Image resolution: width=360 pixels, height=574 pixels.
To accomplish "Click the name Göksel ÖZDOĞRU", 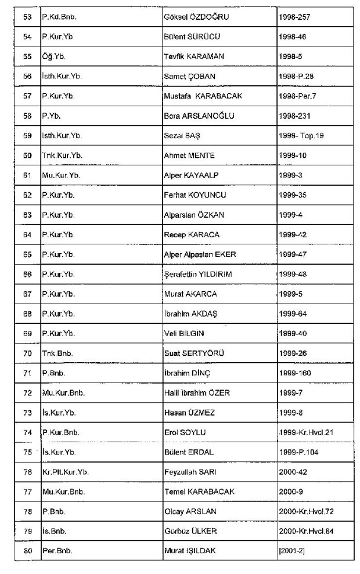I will click(196, 17).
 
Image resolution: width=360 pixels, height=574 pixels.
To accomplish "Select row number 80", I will click(27, 549).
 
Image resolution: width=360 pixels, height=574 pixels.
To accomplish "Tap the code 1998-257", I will click(296, 17).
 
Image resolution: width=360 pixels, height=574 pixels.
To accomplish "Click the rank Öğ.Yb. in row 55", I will click(52, 56).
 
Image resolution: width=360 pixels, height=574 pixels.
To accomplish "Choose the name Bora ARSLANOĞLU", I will click(199, 115).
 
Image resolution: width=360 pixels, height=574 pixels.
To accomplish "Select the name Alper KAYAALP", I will click(194, 175).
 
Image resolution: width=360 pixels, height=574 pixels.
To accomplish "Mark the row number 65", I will click(27, 254).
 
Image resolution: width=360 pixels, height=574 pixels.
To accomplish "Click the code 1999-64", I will click(293, 313).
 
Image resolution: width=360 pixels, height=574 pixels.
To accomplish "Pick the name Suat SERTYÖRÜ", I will click(194, 352).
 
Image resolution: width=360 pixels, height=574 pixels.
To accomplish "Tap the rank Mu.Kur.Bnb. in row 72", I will click(63, 392).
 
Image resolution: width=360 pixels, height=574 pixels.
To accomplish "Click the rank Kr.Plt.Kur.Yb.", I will click(64, 471).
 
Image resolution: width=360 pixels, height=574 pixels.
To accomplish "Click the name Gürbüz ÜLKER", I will click(192, 529).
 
